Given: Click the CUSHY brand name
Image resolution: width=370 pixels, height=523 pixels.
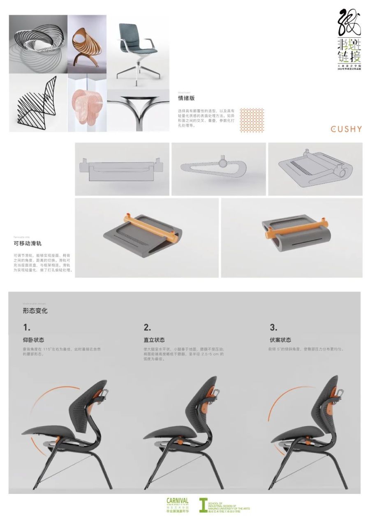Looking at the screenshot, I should point(346,129).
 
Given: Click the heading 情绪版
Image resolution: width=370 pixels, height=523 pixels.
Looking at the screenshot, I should point(186,98).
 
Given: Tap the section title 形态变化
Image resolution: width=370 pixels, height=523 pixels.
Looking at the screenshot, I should point(35,311).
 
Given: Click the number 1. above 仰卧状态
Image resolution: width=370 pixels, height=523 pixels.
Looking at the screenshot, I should point(27,328).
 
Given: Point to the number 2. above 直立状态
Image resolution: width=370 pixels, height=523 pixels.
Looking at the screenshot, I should point(147,328).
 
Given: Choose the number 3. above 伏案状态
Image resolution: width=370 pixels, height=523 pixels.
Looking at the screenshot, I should point(273,328).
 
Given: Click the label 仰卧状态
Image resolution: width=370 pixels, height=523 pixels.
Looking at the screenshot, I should point(33,340).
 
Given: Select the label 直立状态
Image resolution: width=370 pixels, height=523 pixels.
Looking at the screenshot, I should point(154,340).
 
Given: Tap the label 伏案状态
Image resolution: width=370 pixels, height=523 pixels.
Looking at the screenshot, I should point(280,340).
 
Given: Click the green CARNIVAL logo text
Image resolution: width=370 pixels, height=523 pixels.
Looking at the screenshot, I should point(177,501).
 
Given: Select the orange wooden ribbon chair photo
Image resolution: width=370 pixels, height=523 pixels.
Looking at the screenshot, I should point(87,44).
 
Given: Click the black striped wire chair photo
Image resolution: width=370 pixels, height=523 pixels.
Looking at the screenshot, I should point(38,103).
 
